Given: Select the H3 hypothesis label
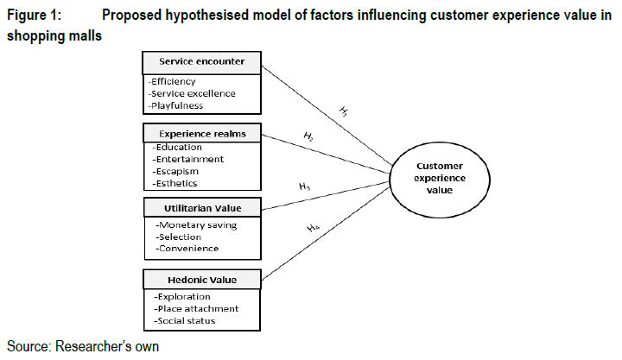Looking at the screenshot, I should click(x=304, y=186).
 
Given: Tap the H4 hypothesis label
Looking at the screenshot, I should click(x=312, y=228).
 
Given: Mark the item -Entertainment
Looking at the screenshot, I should click(x=189, y=159).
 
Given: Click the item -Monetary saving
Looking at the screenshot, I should click(x=196, y=225).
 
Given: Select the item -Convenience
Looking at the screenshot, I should click(x=187, y=249).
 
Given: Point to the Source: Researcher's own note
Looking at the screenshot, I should click(x=83, y=346).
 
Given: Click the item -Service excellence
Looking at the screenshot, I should click(x=192, y=93).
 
